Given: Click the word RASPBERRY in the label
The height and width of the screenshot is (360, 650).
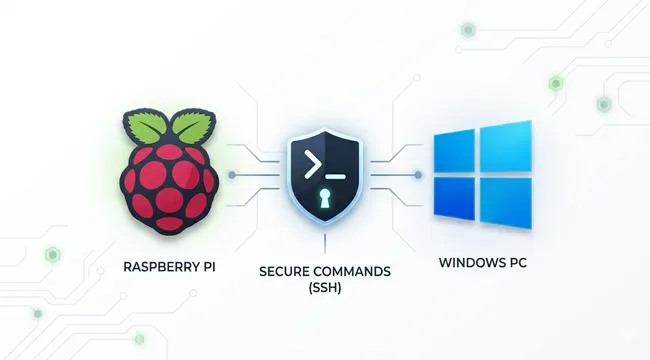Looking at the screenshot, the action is coord(156,267).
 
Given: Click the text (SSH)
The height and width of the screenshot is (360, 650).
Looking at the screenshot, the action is coord(322,289).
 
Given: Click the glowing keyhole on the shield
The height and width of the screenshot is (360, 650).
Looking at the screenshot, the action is coord(323,199).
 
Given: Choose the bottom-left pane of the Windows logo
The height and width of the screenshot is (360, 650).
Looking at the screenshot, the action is coord(455,199).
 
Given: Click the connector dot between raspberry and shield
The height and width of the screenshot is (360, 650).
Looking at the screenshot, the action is coord(233,176).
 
